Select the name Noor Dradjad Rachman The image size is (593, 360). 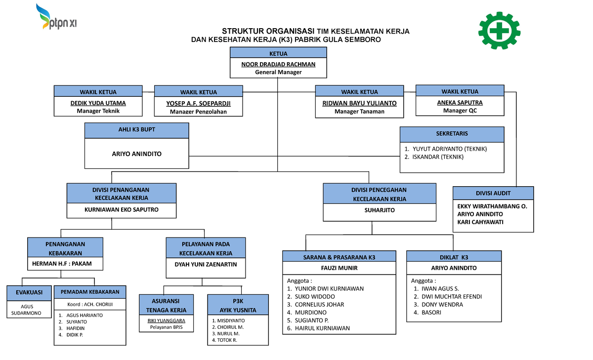278,64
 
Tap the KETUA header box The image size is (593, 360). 278,53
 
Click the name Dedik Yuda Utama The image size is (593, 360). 98,103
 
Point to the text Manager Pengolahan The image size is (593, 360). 198,112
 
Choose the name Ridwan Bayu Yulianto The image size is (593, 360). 359,103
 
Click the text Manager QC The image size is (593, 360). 460,111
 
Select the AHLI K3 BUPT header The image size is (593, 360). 137,129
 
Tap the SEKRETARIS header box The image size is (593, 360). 452,134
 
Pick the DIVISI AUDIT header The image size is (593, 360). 493,193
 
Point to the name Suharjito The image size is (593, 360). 380,210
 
